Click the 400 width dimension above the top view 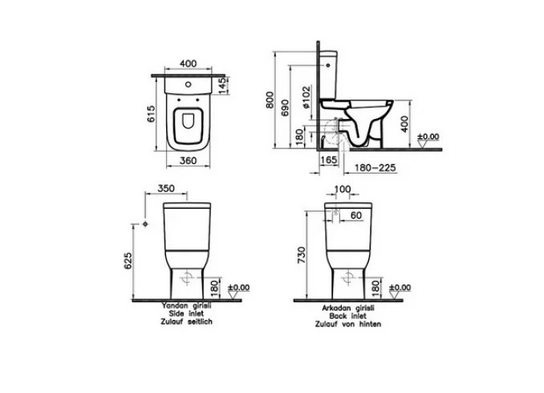[x=188, y=63]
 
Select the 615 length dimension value [x=152, y=114]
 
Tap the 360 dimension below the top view [x=189, y=161]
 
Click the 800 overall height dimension [x=270, y=100]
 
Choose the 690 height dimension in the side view [x=285, y=108]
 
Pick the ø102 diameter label [x=306, y=98]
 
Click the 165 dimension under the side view [x=328, y=160]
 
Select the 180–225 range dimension [x=375, y=168]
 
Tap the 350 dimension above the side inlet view [x=166, y=188]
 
